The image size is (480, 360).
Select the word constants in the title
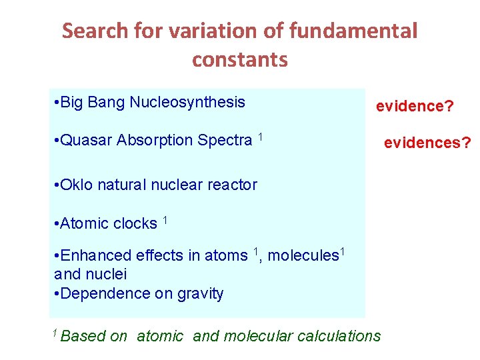coord(240,60)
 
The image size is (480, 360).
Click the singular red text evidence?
coord(414,106)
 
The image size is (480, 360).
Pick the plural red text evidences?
coord(427,142)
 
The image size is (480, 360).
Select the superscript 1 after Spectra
coord(261,137)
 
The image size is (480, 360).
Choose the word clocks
coord(135,223)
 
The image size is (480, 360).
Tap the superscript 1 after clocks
coord(165,220)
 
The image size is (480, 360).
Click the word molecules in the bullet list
coord(303,255)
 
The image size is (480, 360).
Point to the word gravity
coord(200,293)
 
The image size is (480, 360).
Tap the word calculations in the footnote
coord(337,336)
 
